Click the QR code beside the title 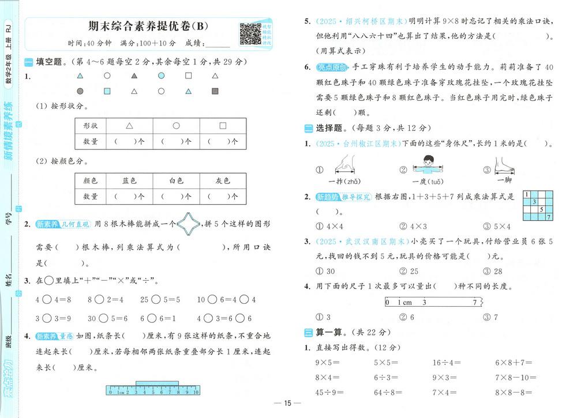[250, 34]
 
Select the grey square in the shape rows [215, 91]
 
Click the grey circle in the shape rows [80, 91]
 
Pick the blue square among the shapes [107, 91]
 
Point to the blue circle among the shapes [161, 76]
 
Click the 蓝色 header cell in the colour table [129, 180]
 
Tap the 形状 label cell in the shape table [91, 126]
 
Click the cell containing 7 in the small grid [549, 217]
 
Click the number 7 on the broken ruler [474, 302]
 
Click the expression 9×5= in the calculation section [328, 363]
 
